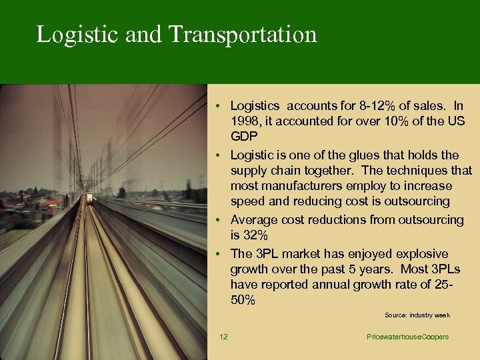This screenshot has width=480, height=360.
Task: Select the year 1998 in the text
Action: coord(245,121)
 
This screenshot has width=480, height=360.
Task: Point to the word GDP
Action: coord(243,137)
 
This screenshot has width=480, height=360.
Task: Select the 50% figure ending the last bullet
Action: coord(243,300)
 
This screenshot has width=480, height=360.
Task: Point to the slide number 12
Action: coord(223,337)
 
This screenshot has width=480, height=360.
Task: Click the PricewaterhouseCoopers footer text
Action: coord(407,337)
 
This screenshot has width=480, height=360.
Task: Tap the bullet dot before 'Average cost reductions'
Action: coord(219,220)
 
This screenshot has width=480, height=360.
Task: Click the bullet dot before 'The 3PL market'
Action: coord(219,254)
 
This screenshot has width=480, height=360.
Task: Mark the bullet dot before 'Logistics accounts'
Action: coord(219,106)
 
